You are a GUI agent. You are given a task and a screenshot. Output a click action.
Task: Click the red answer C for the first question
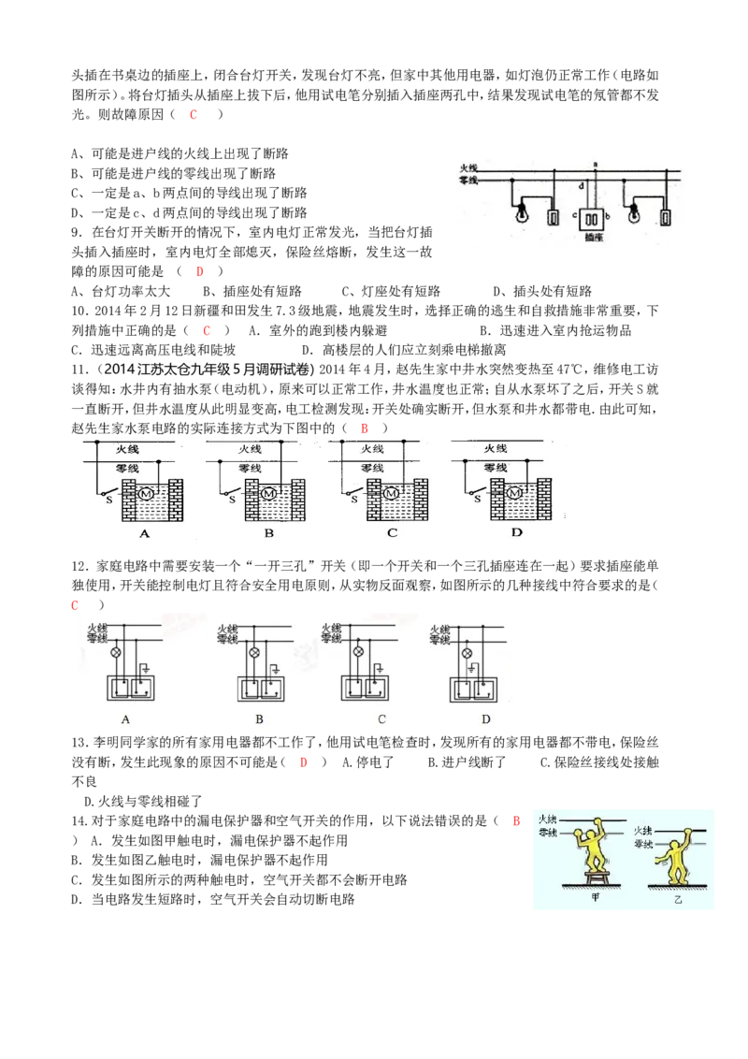pos(193,114)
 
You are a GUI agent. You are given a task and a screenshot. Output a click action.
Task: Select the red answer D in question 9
pos(200,271)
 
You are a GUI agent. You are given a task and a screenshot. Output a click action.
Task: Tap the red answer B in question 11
pos(365,428)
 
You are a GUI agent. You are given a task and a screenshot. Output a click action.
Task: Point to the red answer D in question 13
pos(304,762)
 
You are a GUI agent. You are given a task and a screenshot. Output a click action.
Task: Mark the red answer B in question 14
pos(516,821)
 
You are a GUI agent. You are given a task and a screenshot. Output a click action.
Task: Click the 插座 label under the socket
pos(594,238)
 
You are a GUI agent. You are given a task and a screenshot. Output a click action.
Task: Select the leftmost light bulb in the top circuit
pos(521,215)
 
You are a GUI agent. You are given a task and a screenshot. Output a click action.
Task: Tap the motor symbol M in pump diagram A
pos(145,494)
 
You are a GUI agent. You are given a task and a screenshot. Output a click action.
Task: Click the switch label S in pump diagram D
pos(477,500)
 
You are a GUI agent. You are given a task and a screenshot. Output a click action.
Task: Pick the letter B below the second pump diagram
pos(268,533)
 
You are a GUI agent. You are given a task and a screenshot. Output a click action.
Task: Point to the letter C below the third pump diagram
pos(392,533)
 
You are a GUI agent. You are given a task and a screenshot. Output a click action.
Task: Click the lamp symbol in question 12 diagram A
pos(115,652)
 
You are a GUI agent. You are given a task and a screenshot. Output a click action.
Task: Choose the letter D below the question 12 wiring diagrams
pos(486,719)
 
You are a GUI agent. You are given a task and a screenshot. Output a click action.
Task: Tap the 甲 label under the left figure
pos(595,897)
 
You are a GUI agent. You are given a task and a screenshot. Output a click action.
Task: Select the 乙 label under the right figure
pos(678,900)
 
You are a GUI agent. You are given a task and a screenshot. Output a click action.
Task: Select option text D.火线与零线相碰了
pos(143,802)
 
